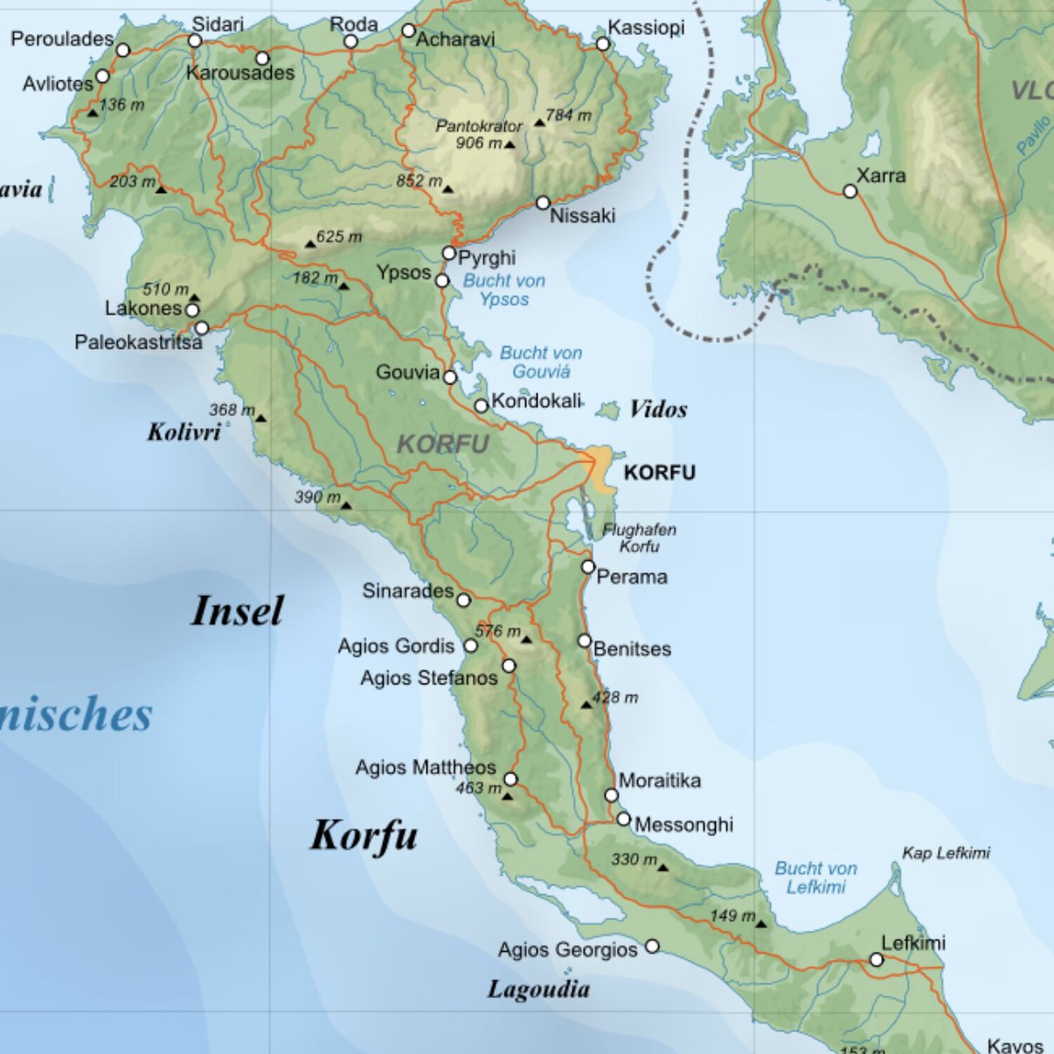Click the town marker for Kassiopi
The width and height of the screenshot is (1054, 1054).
click(x=603, y=44)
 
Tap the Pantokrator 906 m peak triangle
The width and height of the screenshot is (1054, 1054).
click(x=509, y=145)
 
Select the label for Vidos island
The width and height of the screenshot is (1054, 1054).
click(x=658, y=409)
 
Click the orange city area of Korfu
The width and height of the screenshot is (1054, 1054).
click(x=599, y=467)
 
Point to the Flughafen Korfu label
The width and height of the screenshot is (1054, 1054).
click(x=639, y=538)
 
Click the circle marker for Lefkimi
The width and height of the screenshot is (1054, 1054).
click(x=876, y=960)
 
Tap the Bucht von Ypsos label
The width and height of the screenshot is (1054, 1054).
click(x=504, y=289)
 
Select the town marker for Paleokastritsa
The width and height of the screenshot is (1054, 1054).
click(x=202, y=328)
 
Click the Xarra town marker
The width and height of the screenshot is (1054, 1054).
click(x=850, y=191)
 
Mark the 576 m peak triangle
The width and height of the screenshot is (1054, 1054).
click(x=526, y=639)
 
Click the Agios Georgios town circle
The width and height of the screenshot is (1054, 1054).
click(x=652, y=946)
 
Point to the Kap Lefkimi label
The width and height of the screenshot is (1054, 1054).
click(x=946, y=853)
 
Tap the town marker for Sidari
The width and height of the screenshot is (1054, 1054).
click(x=195, y=41)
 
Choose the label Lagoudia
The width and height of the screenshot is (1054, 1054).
click(x=538, y=989)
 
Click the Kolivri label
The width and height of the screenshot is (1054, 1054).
click(x=184, y=431)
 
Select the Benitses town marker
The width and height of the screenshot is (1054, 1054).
click(x=585, y=641)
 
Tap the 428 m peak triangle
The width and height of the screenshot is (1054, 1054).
click(x=587, y=705)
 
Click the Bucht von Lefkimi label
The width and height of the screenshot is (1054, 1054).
click(x=816, y=878)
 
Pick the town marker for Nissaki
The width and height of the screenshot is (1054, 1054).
click(x=543, y=203)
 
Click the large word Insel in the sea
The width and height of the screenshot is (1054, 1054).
click(x=238, y=611)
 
